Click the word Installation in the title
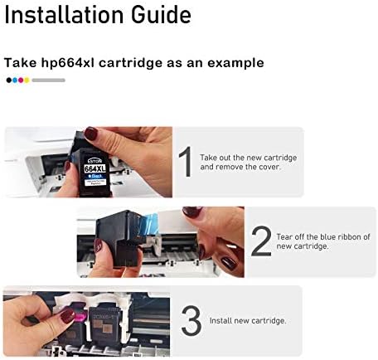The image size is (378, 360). (x=64, y=15)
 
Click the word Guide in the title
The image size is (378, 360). (x=161, y=15)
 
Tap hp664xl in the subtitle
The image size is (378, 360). (x=68, y=63)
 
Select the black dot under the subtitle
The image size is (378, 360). (x=9, y=80)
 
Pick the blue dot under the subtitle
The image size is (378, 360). (x=15, y=80)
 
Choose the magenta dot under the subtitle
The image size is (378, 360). (x=21, y=80)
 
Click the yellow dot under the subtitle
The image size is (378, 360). (x=27, y=80)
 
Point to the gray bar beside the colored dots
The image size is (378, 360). (x=48, y=80)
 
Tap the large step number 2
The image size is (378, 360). (x=261, y=241)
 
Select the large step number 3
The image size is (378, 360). (x=191, y=320)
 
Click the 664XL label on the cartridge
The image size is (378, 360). (x=94, y=168)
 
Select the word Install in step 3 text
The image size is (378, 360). (x=220, y=321)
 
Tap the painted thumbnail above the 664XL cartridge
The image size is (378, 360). (x=90, y=134)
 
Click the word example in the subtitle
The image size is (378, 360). (x=235, y=63)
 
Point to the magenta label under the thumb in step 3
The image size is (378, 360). (x=80, y=317)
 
